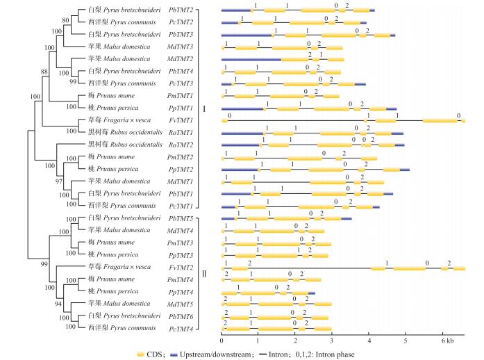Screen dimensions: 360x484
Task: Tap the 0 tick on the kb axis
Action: pos(222,340)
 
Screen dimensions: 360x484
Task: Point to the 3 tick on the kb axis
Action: pos(333,340)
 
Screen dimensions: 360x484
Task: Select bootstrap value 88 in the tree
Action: pos(44,72)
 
